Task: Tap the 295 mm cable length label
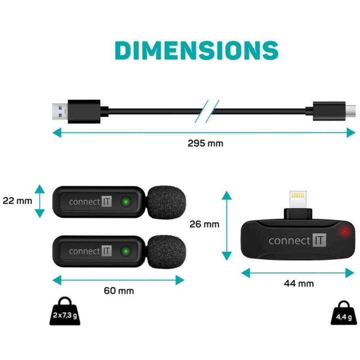(205, 143)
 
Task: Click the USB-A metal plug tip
(60, 112)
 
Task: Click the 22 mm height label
(17, 201)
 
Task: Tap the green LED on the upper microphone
(126, 202)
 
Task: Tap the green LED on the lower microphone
(126, 251)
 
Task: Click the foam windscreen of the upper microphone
(166, 202)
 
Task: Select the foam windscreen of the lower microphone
(166, 252)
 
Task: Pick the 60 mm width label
(119, 291)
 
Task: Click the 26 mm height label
(204, 224)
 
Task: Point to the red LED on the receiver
(345, 231)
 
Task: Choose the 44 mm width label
(299, 284)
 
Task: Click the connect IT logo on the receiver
(297, 240)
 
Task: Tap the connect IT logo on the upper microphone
(90, 202)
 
